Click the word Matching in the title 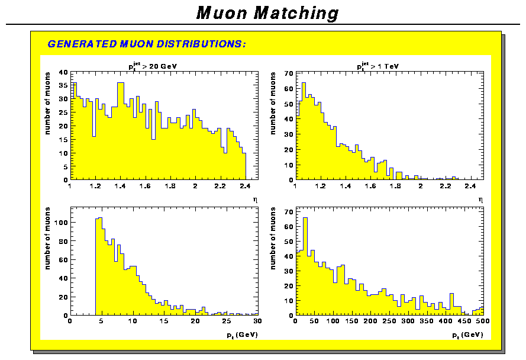(296, 13)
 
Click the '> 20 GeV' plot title (153, 66)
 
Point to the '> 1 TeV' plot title (379, 66)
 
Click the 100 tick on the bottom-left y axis (62, 223)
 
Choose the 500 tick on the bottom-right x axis (482, 322)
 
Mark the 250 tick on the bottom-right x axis (389, 322)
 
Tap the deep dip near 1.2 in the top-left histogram (93, 136)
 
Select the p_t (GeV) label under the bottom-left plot (241, 336)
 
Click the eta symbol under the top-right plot (480, 200)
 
